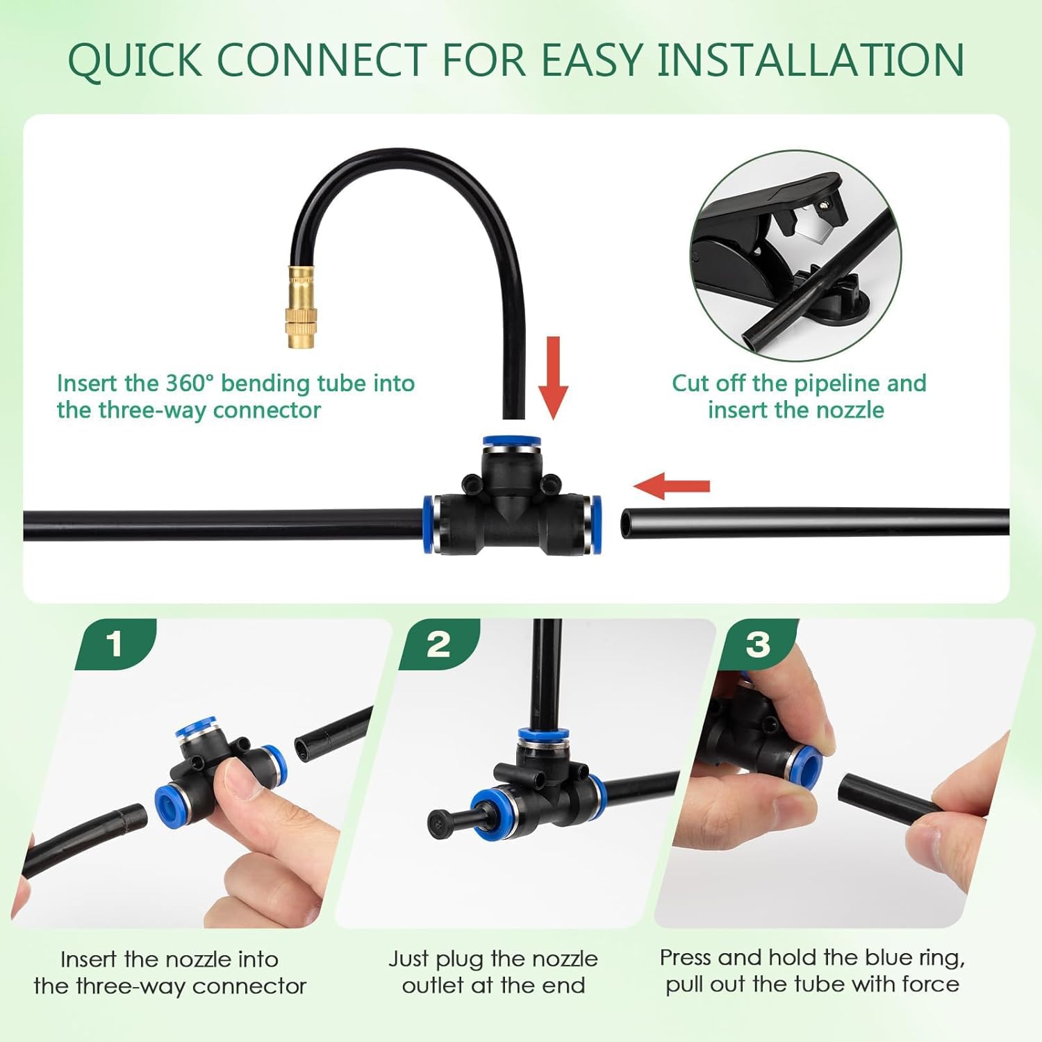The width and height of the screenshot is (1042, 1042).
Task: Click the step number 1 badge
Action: [115, 644]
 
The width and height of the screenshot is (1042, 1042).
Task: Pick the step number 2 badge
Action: [438, 644]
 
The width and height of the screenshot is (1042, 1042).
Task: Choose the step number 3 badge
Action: [758, 644]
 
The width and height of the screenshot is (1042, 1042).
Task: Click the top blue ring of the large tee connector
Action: [512, 441]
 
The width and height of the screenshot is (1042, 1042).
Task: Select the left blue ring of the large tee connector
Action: [431, 524]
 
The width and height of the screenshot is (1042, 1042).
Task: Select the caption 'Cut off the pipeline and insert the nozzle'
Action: [798, 396]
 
